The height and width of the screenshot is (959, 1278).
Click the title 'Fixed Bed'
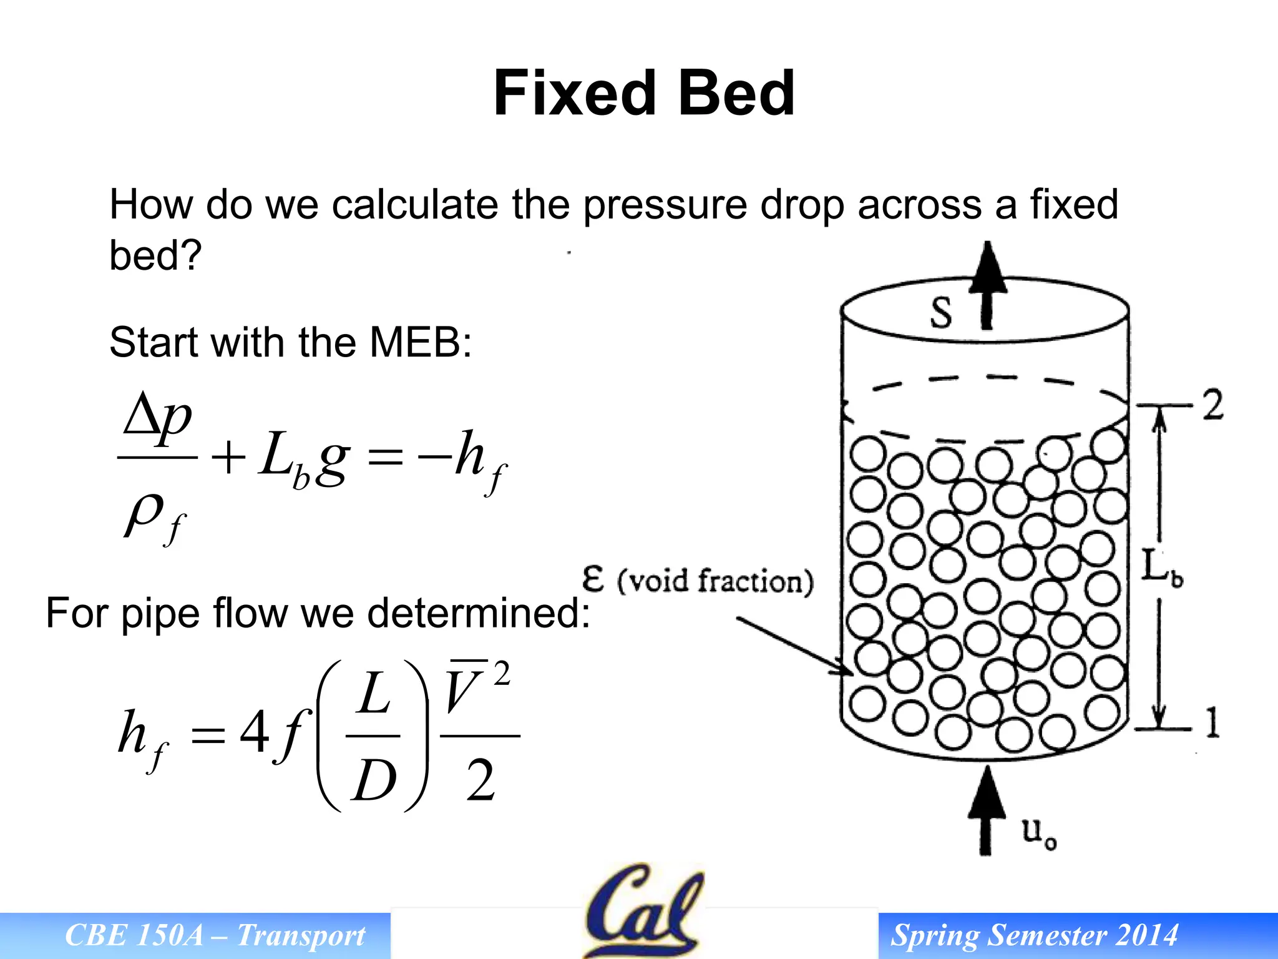pyautogui.click(x=643, y=94)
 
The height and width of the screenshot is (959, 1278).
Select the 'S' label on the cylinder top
pyautogui.click(x=941, y=312)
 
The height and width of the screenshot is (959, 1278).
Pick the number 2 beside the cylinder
pyautogui.click(x=1212, y=405)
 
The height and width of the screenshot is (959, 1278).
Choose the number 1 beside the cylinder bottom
pyautogui.click(x=1212, y=723)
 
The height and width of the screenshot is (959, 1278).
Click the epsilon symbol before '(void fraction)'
pyautogui.click(x=593, y=579)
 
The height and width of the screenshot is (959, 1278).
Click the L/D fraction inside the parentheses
pyautogui.click(x=373, y=737)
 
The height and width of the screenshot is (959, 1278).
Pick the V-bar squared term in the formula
pyautogui.click(x=477, y=687)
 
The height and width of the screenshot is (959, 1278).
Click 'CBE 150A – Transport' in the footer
pyautogui.click(x=215, y=935)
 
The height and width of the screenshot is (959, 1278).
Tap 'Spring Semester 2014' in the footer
pyautogui.click(x=1034, y=935)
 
